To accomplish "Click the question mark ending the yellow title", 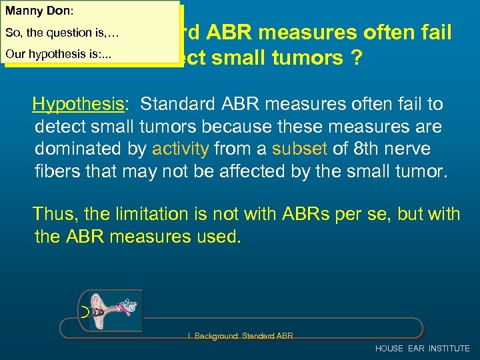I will click(x=357, y=58).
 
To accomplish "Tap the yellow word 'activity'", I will click(x=180, y=149).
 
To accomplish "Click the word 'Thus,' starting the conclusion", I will click(x=55, y=214).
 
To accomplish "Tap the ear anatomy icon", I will click(x=110, y=309).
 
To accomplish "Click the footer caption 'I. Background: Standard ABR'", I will click(x=240, y=335).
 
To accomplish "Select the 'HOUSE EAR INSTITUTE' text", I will click(x=422, y=349).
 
